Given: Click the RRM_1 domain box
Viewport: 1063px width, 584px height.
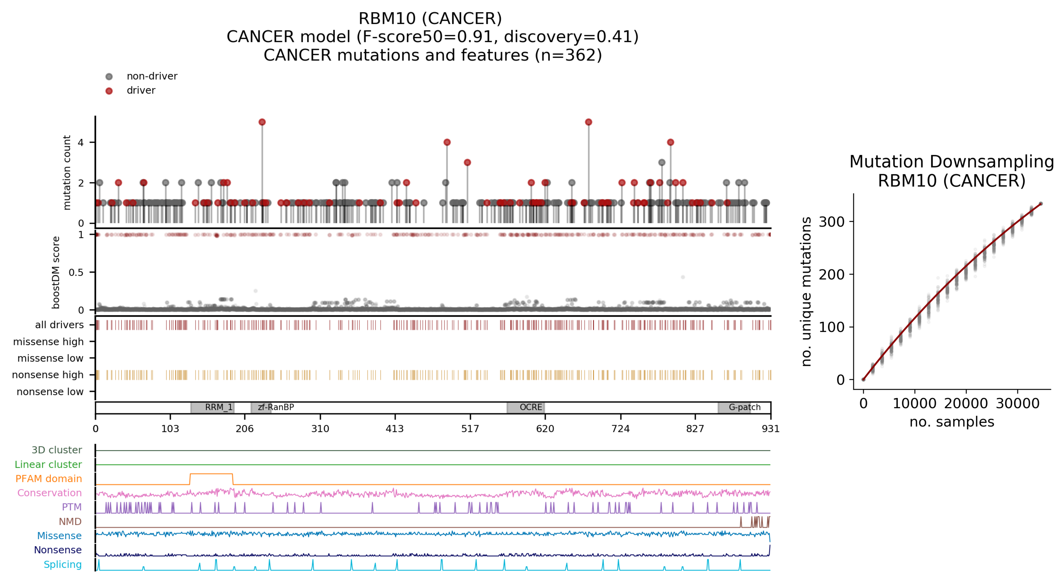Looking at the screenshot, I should pyautogui.click(x=213, y=407).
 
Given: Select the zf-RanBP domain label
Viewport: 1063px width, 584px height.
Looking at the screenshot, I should pyautogui.click(x=276, y=407).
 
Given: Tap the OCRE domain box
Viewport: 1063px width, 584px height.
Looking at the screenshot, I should pyautogui.click(x=526, y=407).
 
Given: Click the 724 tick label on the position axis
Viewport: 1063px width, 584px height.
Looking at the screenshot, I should pyautogui.click(x=620, y=429).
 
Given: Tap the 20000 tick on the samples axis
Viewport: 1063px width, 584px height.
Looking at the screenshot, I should pyautogui.click(x=966, y=403).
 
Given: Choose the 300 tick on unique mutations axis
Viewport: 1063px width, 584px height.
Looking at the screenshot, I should pyautogui.click(x=832, y=222).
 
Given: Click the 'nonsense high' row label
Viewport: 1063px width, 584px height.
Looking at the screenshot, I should pyautogui.click(x=48, y=375).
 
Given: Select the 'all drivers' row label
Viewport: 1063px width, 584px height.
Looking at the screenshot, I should pyautogui.click(x=60, y=325).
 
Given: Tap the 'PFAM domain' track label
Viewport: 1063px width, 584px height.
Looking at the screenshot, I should pyautogui.click(x=49, y=479).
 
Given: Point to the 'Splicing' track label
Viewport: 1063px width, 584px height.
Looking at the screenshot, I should pyautogui.click(x=63, y=565).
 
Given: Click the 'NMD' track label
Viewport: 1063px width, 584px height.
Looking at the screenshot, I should pyautogui.click(x=70, y=522).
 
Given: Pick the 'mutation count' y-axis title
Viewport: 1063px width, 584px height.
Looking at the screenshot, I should pyautogui.click(x=67, y=172).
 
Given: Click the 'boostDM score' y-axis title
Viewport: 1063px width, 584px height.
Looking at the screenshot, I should pyautogui.click(x=56, y=272).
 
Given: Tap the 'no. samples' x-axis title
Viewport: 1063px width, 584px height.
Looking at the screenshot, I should pyautogui.click(x=952, y=422).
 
